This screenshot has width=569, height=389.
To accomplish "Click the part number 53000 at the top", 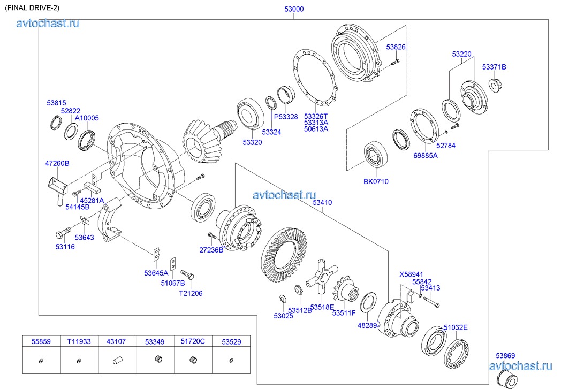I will [x=293, y=9].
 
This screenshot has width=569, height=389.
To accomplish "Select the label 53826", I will [x=396, y=47].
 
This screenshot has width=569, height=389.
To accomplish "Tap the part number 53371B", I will [x=494, y=67].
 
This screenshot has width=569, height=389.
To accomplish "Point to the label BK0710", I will [x=376, y=181].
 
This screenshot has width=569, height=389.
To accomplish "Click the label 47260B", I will [x=57, y=163].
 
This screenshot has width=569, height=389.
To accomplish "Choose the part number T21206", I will [x=191, y=293].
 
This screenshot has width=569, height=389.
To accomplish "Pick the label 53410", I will [x=322, y=203].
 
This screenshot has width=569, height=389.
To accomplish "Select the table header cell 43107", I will [x=116, y=341].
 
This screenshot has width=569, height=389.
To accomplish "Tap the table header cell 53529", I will [x=231, y=341].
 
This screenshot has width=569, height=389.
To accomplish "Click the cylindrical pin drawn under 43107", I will [x=117, y=360].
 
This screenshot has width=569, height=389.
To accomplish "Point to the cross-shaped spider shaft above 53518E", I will [x=319, y=276].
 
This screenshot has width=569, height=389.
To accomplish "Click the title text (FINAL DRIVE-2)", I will [x=32, y=7].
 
